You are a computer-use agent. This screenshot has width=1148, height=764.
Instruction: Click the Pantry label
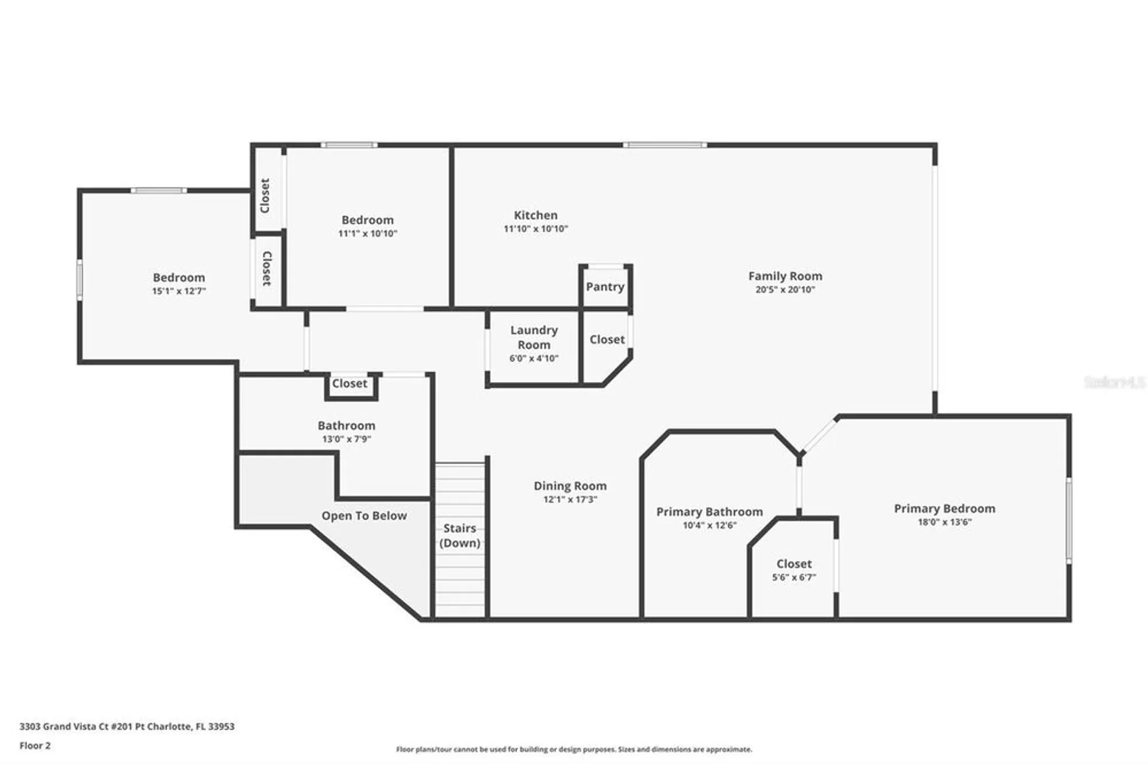coord(605,287)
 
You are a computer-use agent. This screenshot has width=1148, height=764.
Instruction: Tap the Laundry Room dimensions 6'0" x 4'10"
coord(534,358)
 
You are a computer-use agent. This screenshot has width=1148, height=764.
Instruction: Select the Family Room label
coord(785,276)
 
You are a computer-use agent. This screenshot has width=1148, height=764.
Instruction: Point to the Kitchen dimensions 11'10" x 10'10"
coord(536,229)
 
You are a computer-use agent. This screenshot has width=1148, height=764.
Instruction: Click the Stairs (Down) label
coord(460,535)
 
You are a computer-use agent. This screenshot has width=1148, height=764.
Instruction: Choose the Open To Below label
coord(364,516)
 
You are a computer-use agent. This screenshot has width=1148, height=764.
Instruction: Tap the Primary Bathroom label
coord(709,512)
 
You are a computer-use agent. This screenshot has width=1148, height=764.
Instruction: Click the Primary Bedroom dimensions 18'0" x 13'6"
coord(944,522)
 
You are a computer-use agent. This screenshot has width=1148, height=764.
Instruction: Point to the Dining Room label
coord(570,486)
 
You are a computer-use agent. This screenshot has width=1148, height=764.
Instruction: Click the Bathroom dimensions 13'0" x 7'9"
coord(347,439)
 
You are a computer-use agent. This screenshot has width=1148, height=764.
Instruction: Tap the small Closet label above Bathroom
coord(350,383)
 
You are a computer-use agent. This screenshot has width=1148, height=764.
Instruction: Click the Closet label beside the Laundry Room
coord(607,340)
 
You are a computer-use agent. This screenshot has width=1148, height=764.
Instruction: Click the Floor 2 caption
coord(35,746)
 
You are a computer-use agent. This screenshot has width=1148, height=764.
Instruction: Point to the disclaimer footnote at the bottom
coord(574,749)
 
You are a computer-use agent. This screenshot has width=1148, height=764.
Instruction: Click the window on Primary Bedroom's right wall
coord(1069,520)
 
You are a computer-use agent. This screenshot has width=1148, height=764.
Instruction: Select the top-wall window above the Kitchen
coord(665,145)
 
